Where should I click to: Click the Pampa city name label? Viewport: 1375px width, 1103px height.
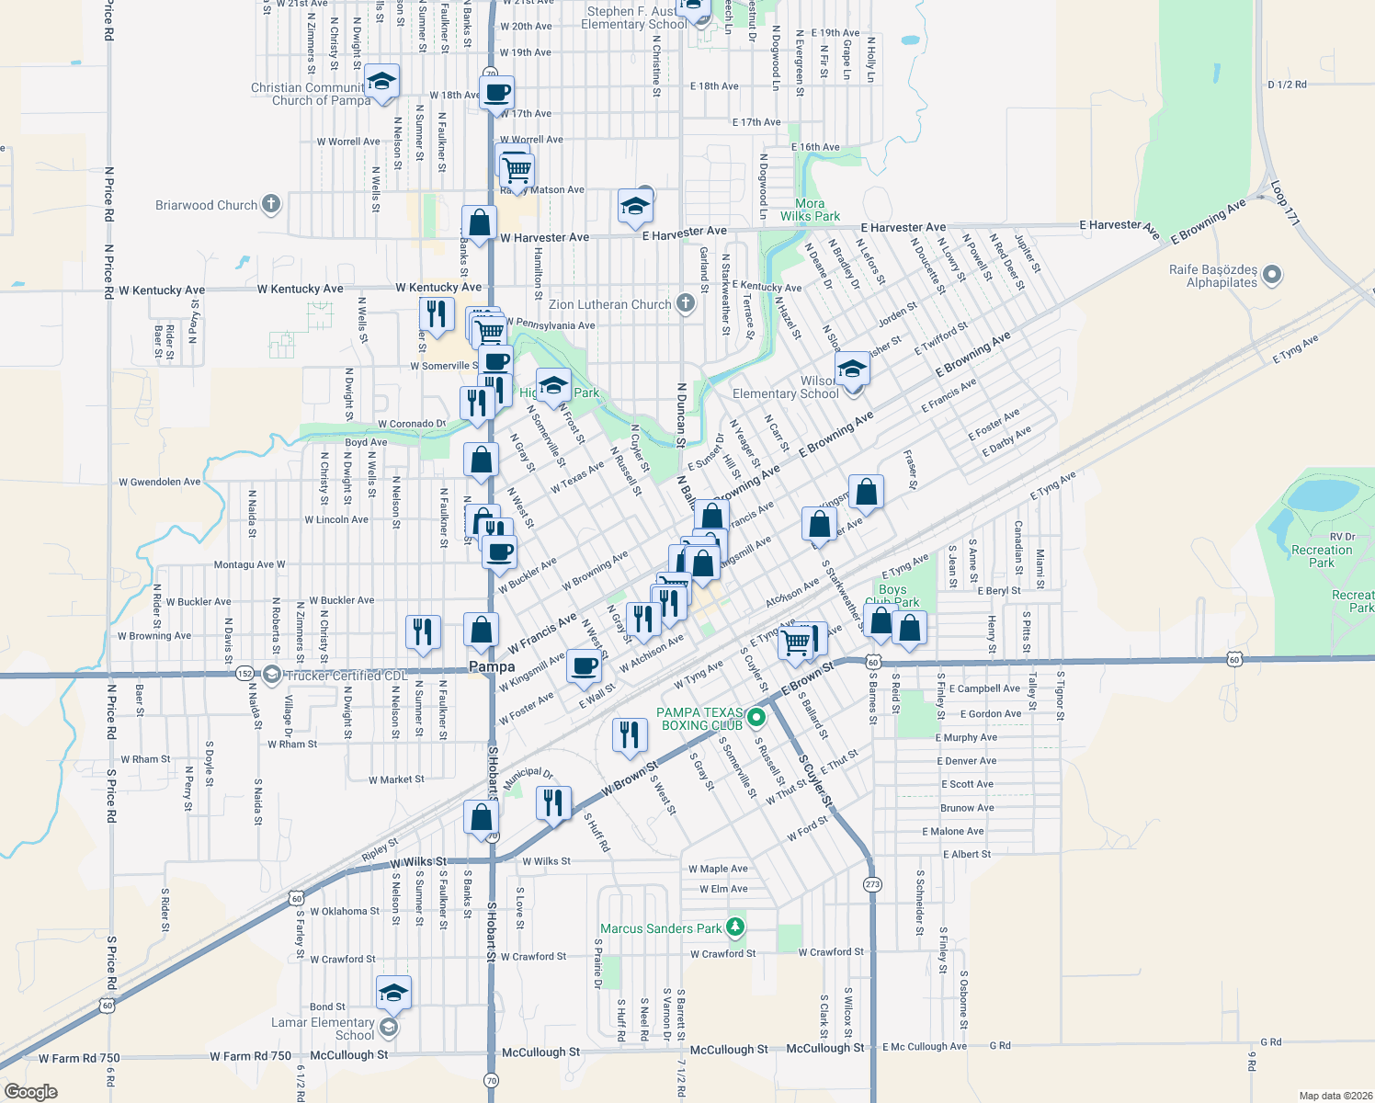coord(492,666)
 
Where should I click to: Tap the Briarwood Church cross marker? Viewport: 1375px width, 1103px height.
coord(270,204)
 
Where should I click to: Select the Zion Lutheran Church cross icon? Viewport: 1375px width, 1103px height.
coord(685,303)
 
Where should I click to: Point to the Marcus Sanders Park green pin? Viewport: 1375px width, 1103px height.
coord(735,927)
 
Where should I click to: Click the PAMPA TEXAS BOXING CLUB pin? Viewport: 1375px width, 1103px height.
coord(756,717)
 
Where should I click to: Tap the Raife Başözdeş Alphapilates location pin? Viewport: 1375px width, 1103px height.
coord(1272,274)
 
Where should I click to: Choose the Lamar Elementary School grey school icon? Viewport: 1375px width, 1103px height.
coord(389,1028)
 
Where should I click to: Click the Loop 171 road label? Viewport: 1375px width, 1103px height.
coord(1286,203)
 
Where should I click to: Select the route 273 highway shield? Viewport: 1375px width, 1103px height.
coord(872,884)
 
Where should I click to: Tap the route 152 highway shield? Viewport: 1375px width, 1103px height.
coord(244,674)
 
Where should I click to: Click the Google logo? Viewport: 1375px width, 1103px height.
coord(30,1092)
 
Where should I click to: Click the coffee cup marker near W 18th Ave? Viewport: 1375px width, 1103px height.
coord(496,93)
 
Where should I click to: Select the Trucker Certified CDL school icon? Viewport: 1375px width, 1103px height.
coord(271,675)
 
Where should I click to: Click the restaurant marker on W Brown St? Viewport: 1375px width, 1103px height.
coord(552,802)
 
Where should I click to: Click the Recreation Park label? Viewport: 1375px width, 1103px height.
coord(1322,556)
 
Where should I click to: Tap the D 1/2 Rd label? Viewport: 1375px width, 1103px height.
coord(1287,85)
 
